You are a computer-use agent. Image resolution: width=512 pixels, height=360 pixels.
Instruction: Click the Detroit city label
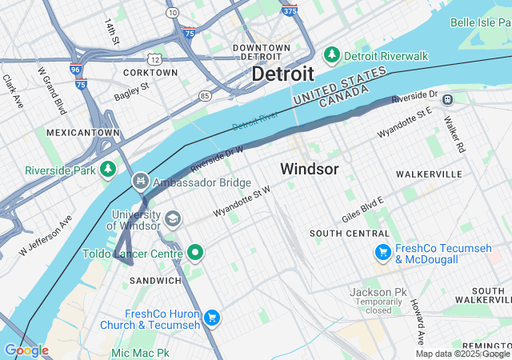[x=282, y=74]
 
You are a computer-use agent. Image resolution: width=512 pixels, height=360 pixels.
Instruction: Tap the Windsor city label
[x=309, y=169]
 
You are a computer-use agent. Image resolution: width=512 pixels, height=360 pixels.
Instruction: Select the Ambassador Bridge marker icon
[x=141, y=182]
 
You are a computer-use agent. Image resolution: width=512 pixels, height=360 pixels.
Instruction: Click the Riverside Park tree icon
[x=107, y=170]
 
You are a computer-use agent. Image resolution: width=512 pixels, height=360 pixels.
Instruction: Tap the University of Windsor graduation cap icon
[x=172, y=218]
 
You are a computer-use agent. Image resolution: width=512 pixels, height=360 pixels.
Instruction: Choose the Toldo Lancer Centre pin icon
[x=195, y=254]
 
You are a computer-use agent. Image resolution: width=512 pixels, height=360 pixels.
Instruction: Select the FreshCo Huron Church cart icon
[x=211, y=318]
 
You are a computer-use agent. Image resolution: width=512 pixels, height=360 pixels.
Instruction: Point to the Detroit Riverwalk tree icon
[x=331, y=55]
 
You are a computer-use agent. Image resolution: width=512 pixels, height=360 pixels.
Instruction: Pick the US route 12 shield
[x=154, y=59]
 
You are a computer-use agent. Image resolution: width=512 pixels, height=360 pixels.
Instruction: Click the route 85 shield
[x=206, y=96]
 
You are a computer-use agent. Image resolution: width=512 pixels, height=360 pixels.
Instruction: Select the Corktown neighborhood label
[x=151, y=72]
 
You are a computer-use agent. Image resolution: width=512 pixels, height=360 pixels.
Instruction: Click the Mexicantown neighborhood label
[x=82, y=132]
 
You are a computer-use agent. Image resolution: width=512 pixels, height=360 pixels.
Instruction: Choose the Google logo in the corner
[x=26, y=350]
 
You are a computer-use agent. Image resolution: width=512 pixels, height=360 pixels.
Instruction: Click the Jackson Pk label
[x=378, y=292]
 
